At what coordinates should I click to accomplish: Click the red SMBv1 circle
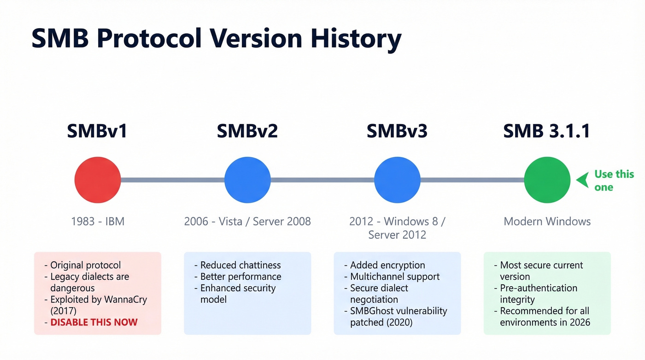98,180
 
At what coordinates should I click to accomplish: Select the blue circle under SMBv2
247,180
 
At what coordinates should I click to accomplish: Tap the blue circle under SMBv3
397,180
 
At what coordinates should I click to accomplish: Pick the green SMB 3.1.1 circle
547,180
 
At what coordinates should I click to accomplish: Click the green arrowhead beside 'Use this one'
583,180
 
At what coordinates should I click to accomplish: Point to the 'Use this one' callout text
613,180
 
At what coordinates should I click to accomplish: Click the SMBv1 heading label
97,131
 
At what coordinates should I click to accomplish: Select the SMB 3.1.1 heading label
547,131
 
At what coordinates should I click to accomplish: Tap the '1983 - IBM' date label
98,221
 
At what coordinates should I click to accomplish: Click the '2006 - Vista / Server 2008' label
247,221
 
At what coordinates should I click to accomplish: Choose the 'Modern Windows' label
547,221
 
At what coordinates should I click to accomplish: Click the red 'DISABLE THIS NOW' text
94,322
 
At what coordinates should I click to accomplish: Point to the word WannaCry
122,300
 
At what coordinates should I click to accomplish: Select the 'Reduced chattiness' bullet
240,265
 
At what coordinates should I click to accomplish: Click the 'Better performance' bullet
240,277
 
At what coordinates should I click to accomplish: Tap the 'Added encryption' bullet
387,265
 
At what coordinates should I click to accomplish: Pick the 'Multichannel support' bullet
395,277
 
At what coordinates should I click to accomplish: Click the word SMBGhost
372,311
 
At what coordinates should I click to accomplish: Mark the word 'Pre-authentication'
539,288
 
